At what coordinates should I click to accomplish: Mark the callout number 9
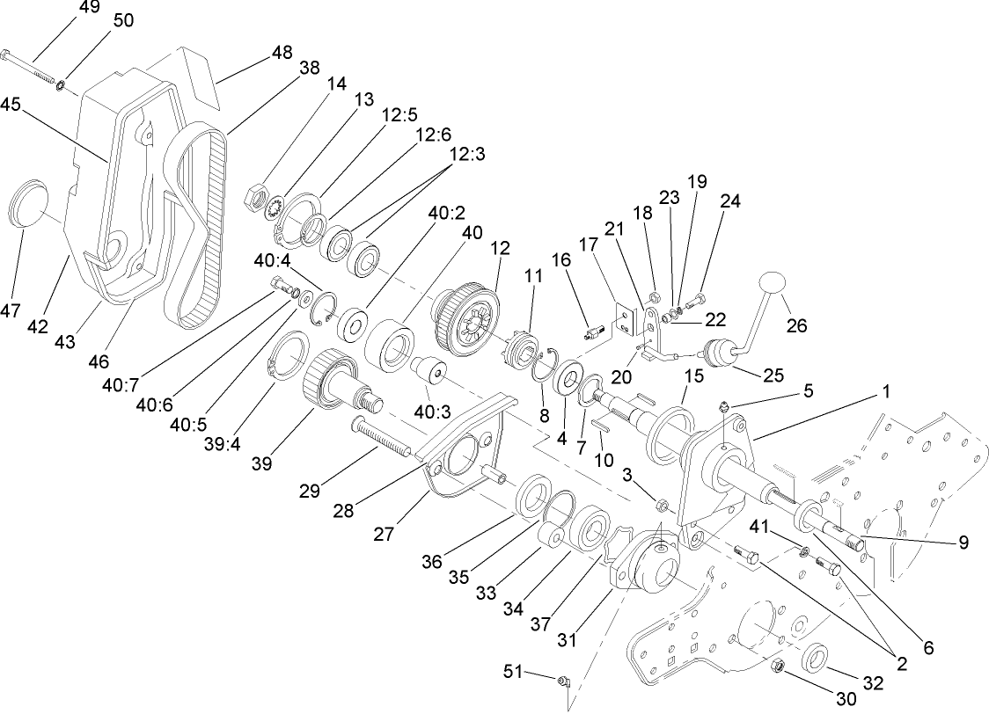(x=963, y=543)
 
